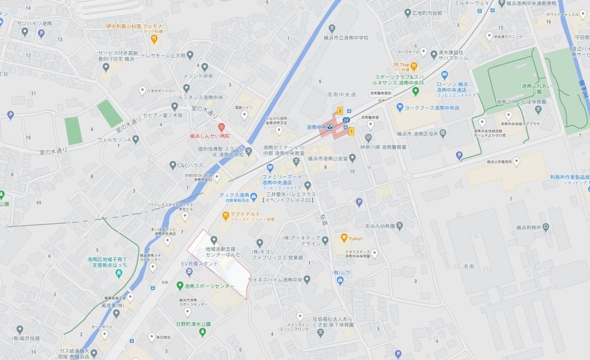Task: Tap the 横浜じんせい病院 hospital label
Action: pyautogui.click(x=210, y=136)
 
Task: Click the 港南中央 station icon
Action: pyautogui.click(x=331, y=127)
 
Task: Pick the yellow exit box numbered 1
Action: pyautogui.click(x=351, y=131)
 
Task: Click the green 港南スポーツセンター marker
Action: pyautogui.click(x=180, y=286)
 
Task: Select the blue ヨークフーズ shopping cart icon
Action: pyautogui.click(x=400, y=106)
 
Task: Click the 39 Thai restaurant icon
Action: pyautogui.click(x=414, y=65)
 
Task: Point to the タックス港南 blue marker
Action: pyautogui.click(x=253, y=198)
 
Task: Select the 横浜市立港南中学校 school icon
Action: pyautogui.click(x=332, y=29)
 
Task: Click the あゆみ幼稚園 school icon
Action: pyautogui.click(x=400, y=226)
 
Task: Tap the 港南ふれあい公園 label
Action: pyautogui.click(x=531, y=89)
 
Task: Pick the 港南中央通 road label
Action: pyautogui.click(x=341, y=94)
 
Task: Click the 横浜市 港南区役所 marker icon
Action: pyautogui.click(x=442, y=132)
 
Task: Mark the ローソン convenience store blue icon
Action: pyautogui.click(x=444, y=75)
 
